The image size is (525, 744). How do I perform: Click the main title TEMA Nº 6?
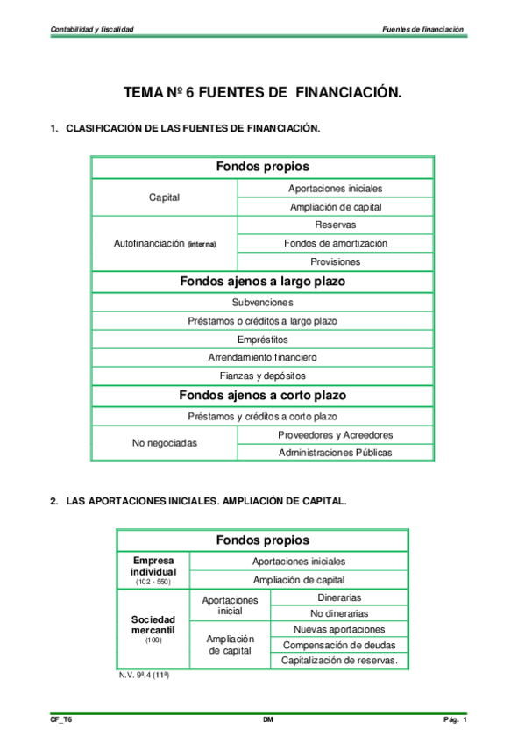262,92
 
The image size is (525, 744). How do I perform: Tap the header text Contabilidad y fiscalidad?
92,29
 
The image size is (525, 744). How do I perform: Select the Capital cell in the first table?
164,197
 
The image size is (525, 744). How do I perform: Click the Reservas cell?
335,225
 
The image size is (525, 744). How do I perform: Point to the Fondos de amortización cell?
335,243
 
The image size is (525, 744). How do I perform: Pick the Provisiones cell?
335,261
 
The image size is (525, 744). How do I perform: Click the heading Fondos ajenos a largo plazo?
262,282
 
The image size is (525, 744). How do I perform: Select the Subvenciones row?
262,302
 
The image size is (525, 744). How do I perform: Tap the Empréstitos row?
262,339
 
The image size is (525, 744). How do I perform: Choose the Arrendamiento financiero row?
262,357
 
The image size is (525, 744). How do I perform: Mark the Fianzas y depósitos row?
262,376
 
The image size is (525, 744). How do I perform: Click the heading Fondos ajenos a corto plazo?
262,396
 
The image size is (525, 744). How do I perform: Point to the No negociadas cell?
164,444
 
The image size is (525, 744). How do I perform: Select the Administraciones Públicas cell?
335,453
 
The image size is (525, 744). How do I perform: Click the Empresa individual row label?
153,567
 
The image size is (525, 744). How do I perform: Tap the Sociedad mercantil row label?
153,626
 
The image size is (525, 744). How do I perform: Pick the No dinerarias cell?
339,613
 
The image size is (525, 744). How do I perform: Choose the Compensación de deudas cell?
339,645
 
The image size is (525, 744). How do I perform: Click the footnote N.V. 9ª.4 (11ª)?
143,676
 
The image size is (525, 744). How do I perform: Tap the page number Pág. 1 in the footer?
455,720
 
